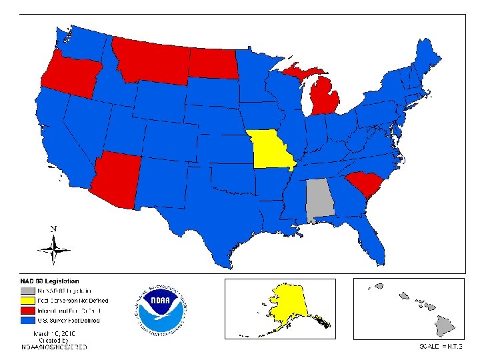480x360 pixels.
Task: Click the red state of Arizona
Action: pos(116,180)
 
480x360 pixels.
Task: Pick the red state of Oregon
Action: pos(67,73)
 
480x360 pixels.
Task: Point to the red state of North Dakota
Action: pos(212,63)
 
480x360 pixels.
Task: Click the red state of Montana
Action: pos(150,57)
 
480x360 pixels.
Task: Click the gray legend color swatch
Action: pos(27,291)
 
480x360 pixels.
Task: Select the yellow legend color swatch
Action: pos(27,301)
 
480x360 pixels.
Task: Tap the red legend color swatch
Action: pos(27,311)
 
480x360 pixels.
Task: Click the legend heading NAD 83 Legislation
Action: pos(49,281)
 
